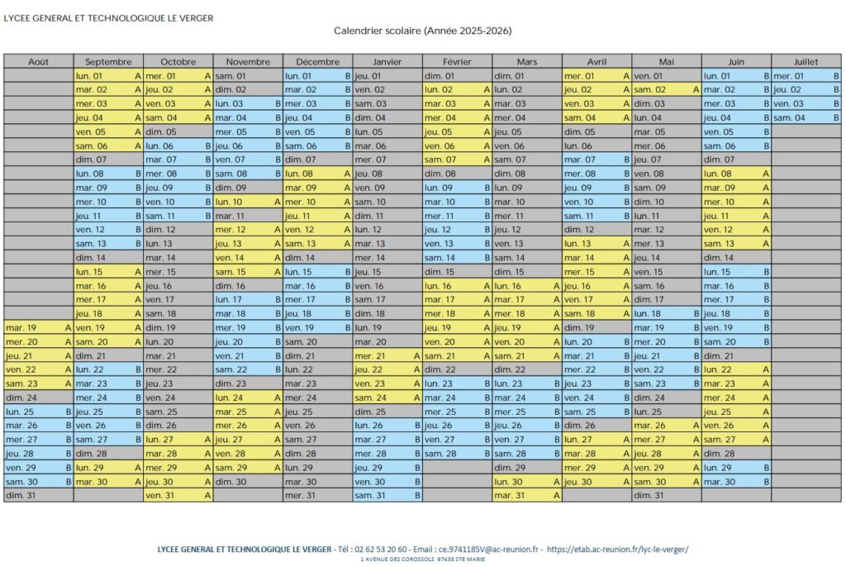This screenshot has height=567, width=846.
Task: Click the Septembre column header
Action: tap(108, 61)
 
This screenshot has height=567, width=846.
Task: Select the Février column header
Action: tap(457, 61)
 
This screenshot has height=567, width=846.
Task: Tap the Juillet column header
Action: tap(806, 61)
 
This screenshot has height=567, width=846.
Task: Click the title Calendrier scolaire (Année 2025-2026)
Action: tap(422, 31)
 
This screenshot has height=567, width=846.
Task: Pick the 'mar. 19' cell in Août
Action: tap(38, 327)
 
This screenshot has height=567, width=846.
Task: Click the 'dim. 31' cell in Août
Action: tap(38, 495)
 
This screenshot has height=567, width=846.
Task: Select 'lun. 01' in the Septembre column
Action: tap(108, 76)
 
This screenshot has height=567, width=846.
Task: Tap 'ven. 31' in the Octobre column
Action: tap(178, 495)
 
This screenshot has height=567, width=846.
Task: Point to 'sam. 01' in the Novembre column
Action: tap(248, 76)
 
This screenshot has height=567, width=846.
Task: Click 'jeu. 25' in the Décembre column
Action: tap(317, 412)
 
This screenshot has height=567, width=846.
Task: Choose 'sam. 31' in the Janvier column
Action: tap(387, 495)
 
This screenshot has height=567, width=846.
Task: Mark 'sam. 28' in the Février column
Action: tap(457, 453)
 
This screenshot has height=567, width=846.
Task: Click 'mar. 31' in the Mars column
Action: tap(527, 495)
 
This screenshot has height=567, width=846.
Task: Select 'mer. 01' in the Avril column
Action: tap(596, 76)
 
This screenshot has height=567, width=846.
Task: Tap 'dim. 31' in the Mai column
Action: tap(667, 495)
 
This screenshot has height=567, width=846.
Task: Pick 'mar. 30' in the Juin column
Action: tap(736, 481)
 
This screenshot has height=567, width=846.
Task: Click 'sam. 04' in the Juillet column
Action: tap(806, 117)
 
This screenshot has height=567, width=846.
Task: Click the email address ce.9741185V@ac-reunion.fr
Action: tap(490, 549)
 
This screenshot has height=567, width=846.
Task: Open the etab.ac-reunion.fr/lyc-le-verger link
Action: tap(619, 549)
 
